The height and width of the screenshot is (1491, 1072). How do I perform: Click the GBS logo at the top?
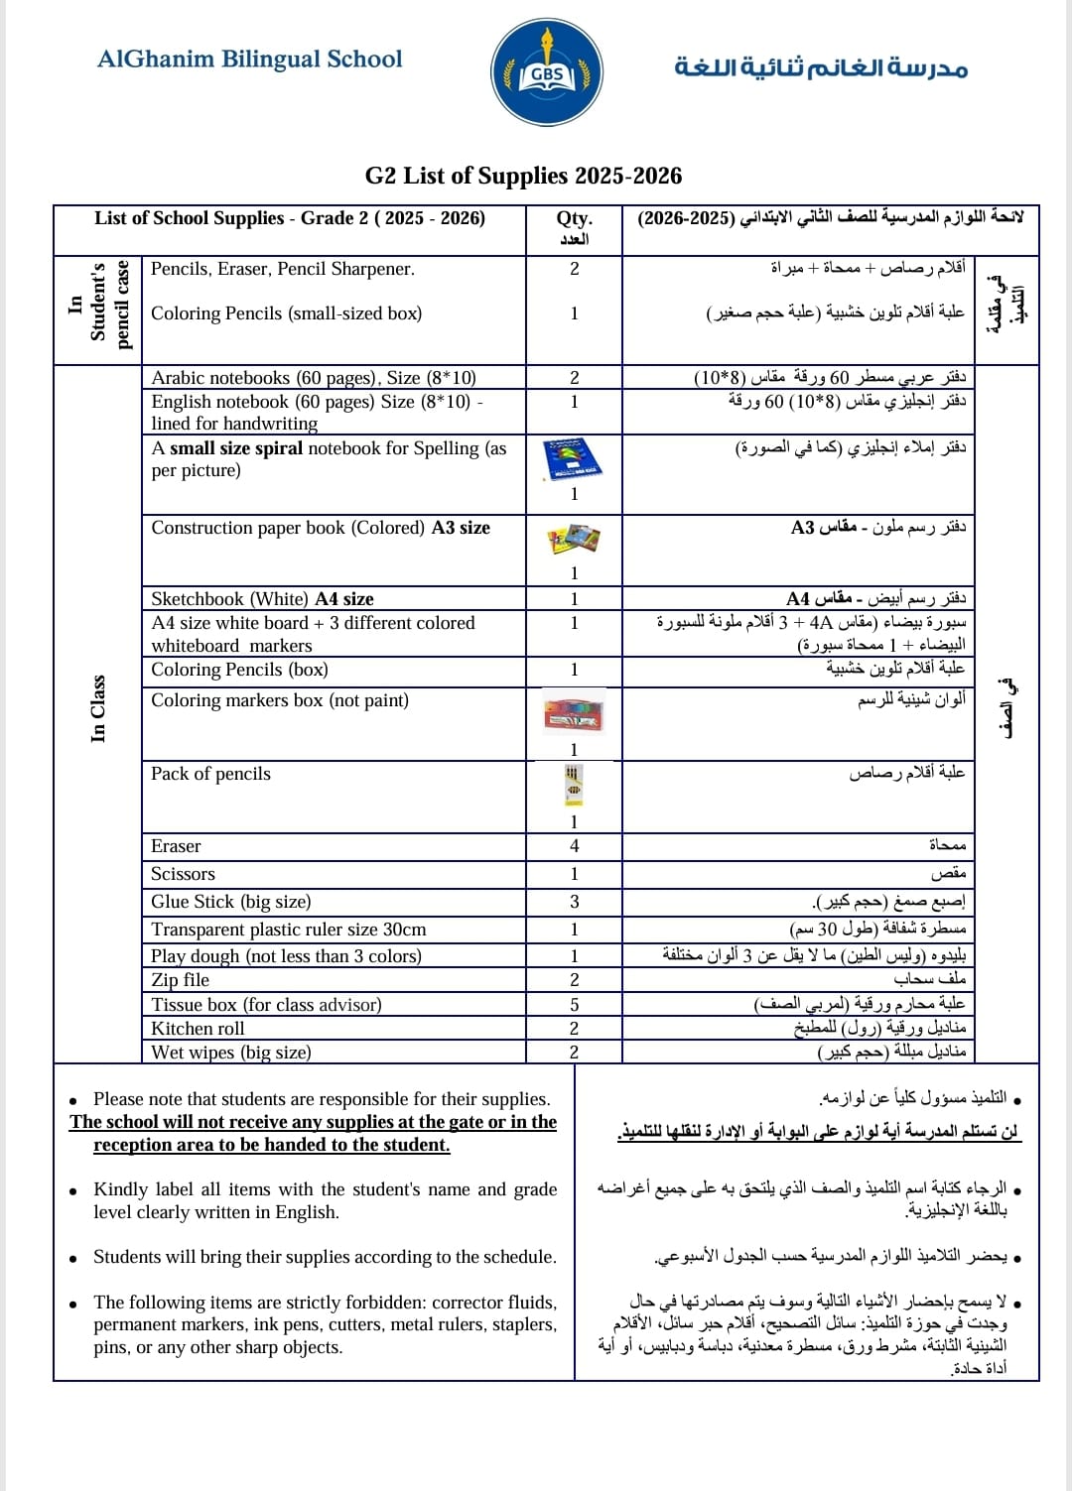pyautogui.click(x=546, y=72)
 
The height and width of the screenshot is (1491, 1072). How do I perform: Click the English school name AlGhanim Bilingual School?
pyautogui.click(x=249, y=60)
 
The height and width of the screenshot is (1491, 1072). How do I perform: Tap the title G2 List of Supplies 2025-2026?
pyautogui.click(x=523, y=176)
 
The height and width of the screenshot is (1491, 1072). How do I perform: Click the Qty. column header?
pyautogui.click(x=574, y=219)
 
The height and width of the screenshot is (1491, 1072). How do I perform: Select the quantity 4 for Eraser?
pyautogui.click(x=574, y=846)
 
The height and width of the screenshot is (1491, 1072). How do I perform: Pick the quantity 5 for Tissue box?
pyautogui.click(x=574, y=1005)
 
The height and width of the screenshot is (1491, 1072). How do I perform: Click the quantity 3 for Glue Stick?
pyautogui.click(x=574, y=902)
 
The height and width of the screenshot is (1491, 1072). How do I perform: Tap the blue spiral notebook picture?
pyautogui.click(x=573, y=458)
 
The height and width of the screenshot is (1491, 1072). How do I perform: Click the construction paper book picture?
pyautogui.click(x=573, y=540)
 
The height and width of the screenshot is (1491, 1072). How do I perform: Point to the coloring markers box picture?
pyautogui.click(x=573, y=714)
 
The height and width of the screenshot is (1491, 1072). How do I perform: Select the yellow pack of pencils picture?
pyautogui.click(x=573, y=785)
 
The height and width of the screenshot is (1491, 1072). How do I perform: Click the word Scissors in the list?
pyautogui.click(x=183, y=874)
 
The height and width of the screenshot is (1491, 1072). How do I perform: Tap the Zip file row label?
pyautogui.click(x=180, y=980)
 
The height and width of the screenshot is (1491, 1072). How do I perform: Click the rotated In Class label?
pyautogui.click(x=97, y=708)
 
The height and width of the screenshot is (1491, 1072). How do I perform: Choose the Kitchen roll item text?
pyautogui.click(x=198, y=1029)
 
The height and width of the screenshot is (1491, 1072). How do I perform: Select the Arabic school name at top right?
pyautogui.click(x=820, y=66)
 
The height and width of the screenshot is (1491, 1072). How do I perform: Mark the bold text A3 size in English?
pyautogui.click(x=461, y=528)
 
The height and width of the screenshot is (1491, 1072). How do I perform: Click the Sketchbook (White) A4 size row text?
pyautogui.click(x=262, y=599)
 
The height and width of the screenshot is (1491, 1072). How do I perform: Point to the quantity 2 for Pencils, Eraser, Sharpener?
pyautogui.click(x=574, y=269)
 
